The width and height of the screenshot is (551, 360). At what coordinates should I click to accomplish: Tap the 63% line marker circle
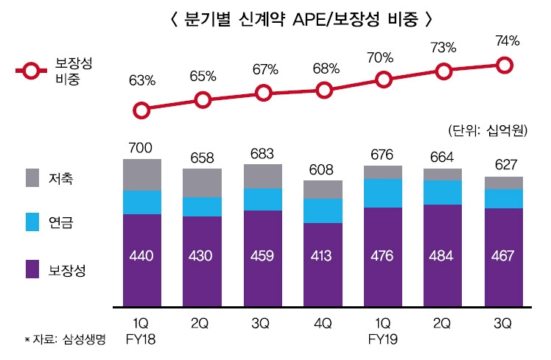click(142, 110)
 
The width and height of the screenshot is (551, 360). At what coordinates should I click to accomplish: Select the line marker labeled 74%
click(505, 66)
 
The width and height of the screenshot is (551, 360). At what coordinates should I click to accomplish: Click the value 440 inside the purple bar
click(142, 256)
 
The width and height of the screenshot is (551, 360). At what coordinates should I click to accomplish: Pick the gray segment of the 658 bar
click(203, 183)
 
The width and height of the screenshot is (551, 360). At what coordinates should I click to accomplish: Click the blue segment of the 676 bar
click(384, 194)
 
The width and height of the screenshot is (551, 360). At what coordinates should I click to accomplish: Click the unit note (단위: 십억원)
click(488, 130)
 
